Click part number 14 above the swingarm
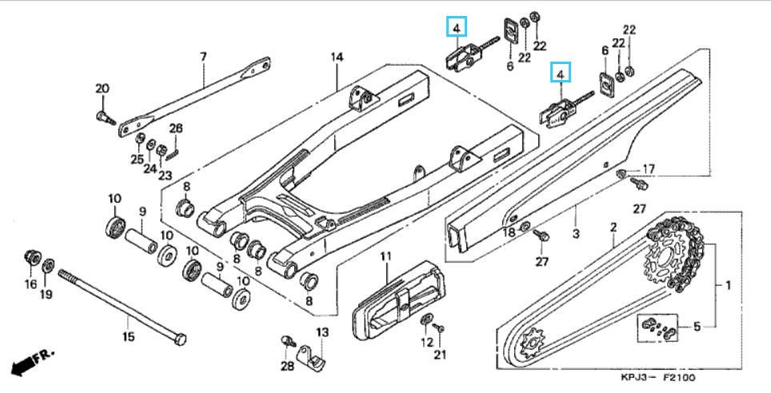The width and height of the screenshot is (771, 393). pos(337,57)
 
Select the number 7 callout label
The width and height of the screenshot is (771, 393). pos(204,57)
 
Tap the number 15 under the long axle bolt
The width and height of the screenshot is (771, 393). pos(128,337)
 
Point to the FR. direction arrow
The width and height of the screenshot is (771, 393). pos(33,363)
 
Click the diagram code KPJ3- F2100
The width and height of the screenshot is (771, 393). pos(658,378)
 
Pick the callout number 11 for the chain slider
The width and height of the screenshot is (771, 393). pos(385,256)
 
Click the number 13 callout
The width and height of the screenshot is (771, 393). pos(322,332)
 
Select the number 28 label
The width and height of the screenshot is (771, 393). pos(287,366)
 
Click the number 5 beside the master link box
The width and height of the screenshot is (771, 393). pos(697,327)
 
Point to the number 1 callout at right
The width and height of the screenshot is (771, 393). pos(729,284)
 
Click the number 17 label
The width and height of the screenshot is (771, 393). pos(649,169)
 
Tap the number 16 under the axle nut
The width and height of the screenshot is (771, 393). pos(31,284)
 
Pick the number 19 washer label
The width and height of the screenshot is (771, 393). pos(46,294)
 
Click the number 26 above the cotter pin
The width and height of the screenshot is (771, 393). pos(176,128)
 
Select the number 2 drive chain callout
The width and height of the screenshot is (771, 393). pos(613,227)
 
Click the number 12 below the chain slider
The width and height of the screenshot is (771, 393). pos(427,342)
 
